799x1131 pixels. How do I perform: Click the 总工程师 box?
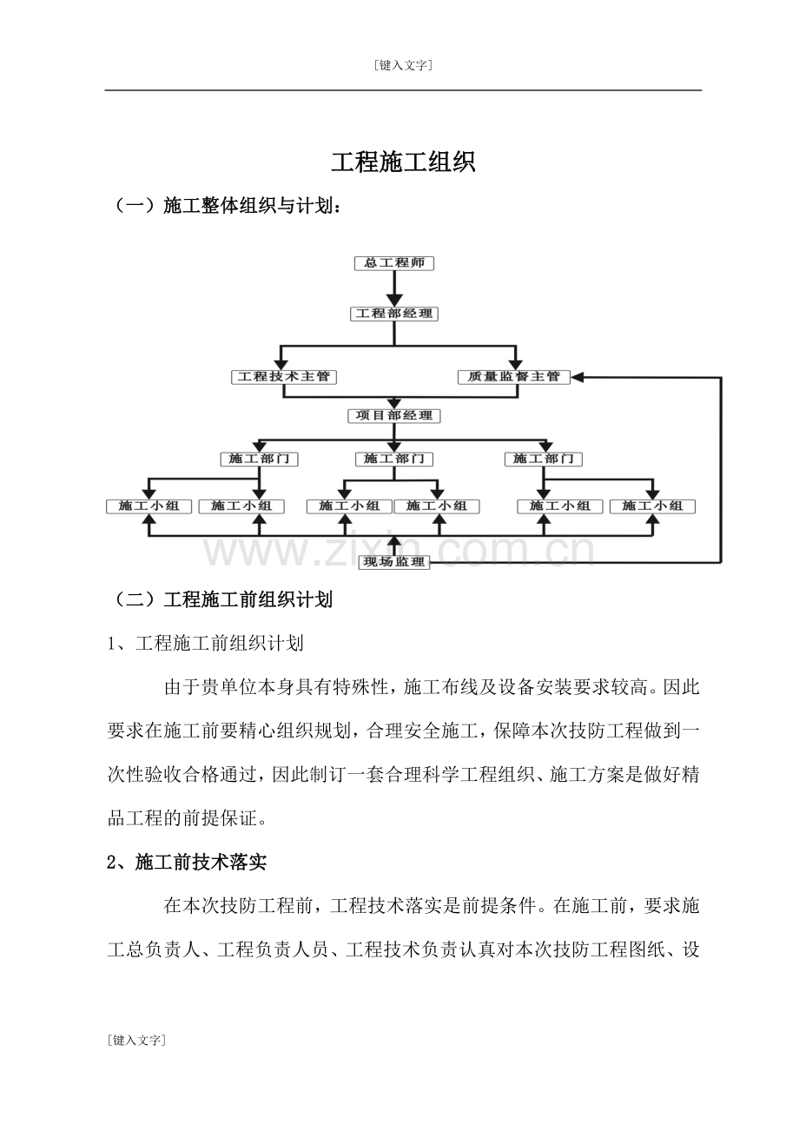point(394,263)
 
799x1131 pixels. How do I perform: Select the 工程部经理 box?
point(394,314)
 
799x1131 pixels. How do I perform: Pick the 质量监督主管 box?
point(514,377)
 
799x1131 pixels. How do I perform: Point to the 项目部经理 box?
point(394,416)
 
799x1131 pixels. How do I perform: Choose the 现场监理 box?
point(394,562)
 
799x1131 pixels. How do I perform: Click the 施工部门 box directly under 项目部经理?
point(394,459)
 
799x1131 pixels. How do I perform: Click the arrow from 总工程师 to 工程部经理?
point(394,288)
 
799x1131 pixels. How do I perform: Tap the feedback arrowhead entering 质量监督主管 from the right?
point(578,377)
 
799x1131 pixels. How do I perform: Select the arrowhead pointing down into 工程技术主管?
point(281,362)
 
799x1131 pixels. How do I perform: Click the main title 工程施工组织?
point(403,162)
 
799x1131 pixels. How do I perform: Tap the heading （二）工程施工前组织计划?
point(221,600)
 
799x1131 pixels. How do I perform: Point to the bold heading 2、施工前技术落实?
point(187,863)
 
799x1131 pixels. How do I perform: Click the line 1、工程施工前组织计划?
point(205,644)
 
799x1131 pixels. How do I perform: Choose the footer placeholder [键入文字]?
point(136,1040)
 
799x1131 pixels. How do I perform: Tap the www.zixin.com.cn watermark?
point(399,549)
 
